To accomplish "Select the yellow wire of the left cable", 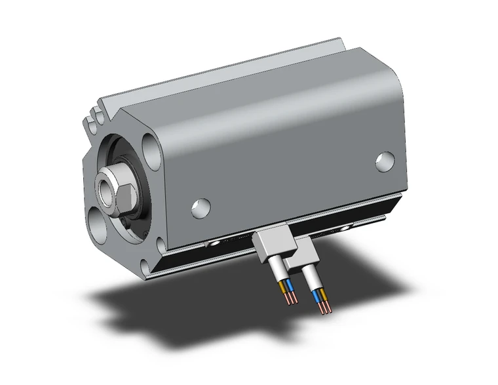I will coord(284,286).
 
